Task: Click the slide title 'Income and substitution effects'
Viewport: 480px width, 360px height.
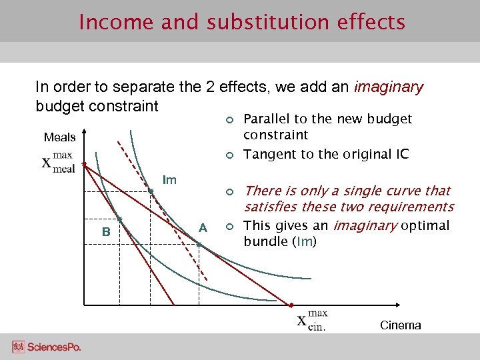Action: (x=241, y=22)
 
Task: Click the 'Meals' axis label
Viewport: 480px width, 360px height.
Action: (x=59, y=137)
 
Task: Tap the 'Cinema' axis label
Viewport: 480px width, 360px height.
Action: (x=400, y=325)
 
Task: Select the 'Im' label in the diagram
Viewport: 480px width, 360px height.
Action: (x=170, y=180)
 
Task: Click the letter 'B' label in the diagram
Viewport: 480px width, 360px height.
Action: (x=106, y=232)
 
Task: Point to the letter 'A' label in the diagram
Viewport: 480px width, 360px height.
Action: (x=203, y=229)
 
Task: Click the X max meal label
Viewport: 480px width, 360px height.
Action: (x=59, y=163)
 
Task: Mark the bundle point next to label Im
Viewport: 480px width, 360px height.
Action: (x=151, y=192)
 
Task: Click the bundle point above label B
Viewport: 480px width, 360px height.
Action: (x=119, y=219)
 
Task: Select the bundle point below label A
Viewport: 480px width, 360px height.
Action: (x=199, y=245)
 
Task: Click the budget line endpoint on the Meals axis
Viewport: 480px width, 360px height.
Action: (x=84, y=163)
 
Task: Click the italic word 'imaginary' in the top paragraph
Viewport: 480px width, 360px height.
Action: (x=389, y=87)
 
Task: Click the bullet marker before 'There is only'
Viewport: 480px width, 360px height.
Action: (x=228, y=191)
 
